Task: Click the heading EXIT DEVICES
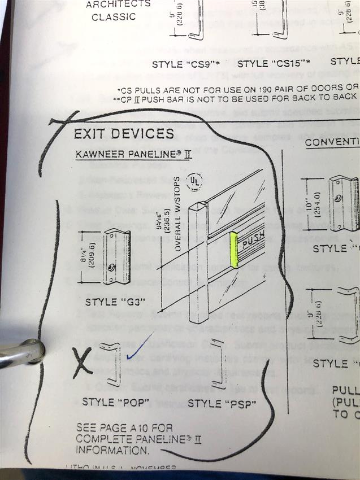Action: tap(124, 134)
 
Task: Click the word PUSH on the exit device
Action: tap(253, 244)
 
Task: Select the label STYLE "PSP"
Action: tap(221, 403)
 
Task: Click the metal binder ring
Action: tap(23, 353)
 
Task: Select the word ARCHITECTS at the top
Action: tap(118, 3)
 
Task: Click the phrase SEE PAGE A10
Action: tap(124, 428)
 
